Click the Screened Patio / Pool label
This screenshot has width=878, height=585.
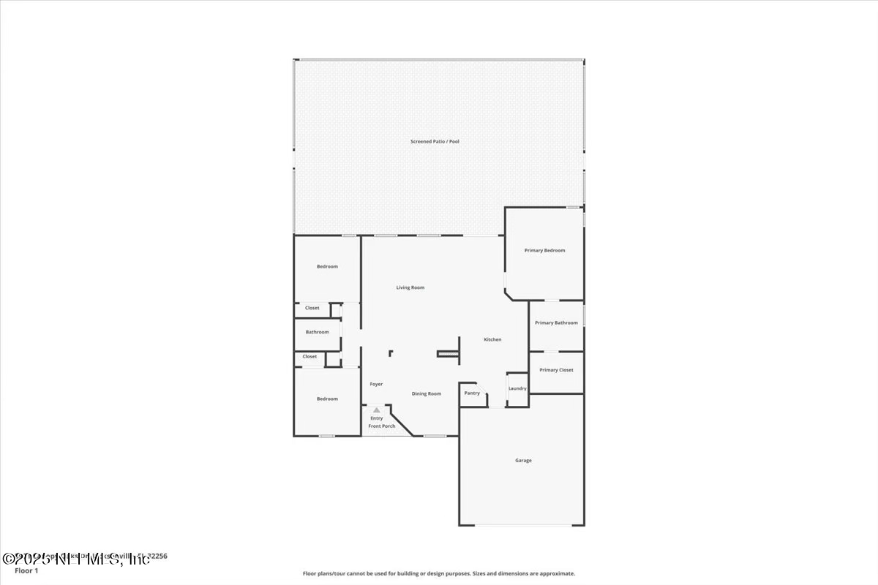click(x=435, y=141)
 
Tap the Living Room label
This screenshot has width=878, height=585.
click(x=410, y=287)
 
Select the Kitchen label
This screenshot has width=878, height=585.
click(x=492, y=339)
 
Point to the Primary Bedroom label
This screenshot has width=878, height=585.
click(x=544, y=250)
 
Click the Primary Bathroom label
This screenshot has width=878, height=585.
click(x=556, y=322)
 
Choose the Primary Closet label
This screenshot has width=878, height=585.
click(x=556, y=370)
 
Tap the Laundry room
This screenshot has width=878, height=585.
click(x=517, y=388)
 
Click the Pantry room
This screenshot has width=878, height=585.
click(x=472, y=393)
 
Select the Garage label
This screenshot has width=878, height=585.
click(x=523, y=461)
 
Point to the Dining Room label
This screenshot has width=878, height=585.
click(x=426, y=393)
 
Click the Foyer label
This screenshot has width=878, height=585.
click(x=376, y=384)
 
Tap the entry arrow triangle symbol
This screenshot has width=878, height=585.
click(x=376, y=410)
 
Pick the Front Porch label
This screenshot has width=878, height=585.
click(x=381, y=426)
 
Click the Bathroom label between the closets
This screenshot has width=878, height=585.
click(x=317, y=332)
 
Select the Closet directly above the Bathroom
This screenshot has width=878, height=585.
click(x=312, y=308)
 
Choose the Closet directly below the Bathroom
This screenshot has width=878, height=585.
click(x=309, y=357)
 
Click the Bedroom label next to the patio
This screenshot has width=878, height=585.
click(x=327, y=266)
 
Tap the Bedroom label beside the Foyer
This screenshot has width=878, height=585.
click(x=327, y=399)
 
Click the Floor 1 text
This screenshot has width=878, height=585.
click(x=26, y=570)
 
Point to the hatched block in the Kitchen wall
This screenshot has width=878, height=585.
click(x=446, y=354)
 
